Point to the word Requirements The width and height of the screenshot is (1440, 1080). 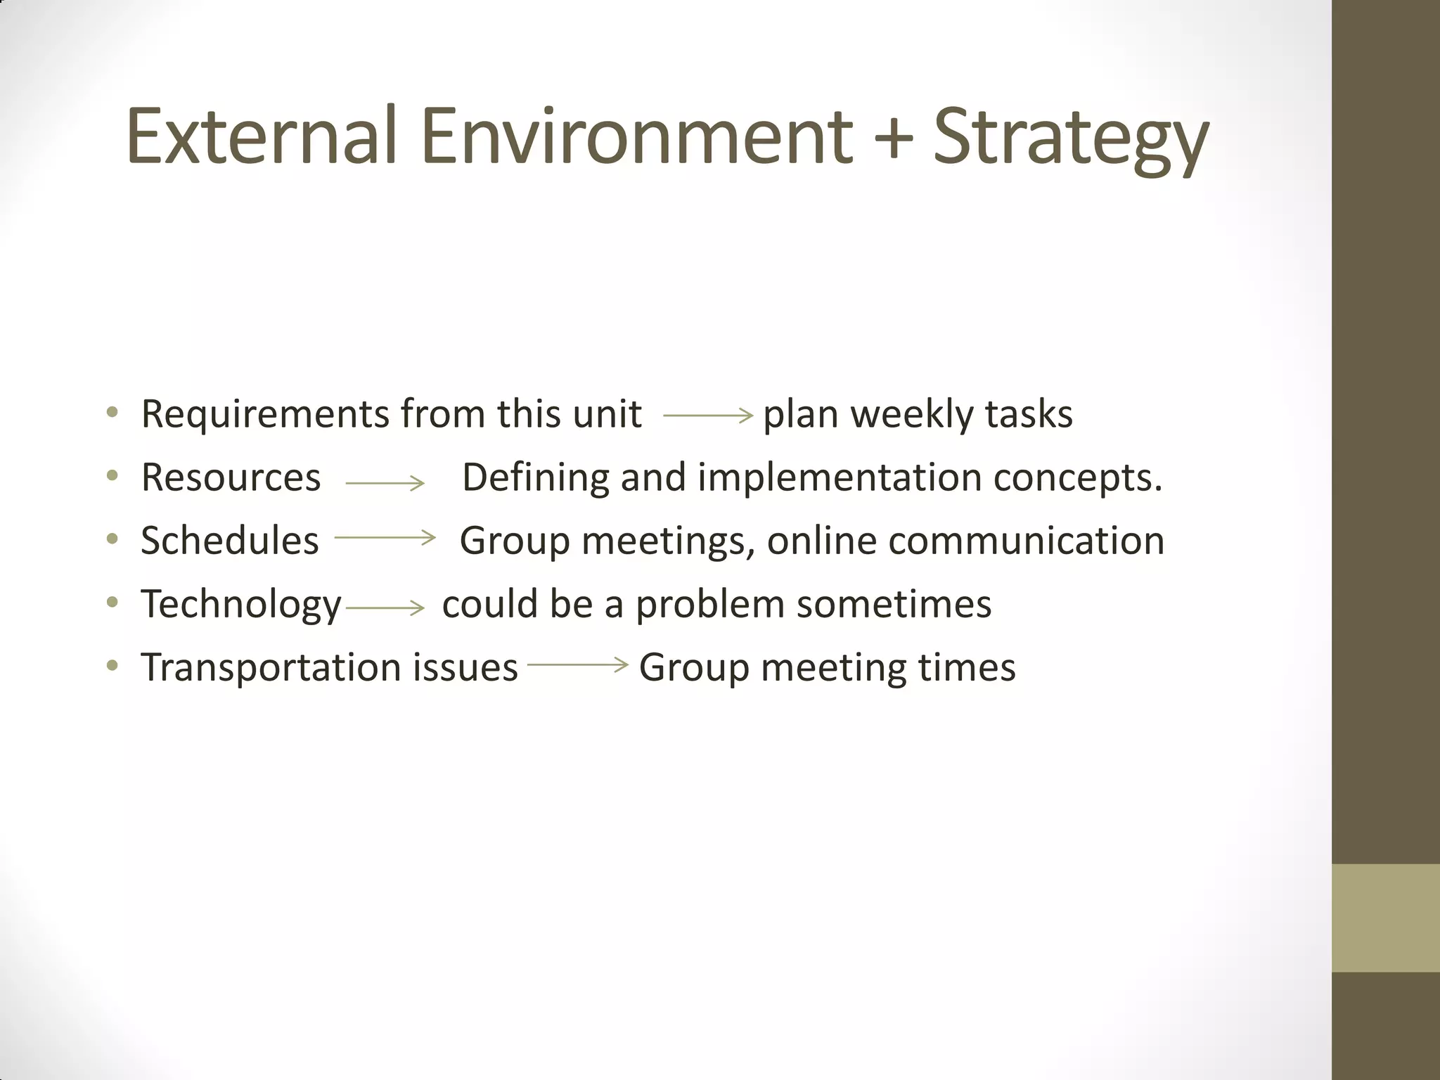pyautogui.click(x=265, y=415)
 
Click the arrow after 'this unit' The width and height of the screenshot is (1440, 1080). pyautogui.click(x=707, y=416)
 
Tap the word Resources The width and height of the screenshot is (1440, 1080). pyautogui.click(x=231, y=477)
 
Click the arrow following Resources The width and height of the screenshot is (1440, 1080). pyautogui.click(x=385, y=483)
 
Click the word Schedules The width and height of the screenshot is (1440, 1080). pyautogui.click(x=230, y=541)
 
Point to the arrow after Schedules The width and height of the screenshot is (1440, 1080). pyautogui.click(x=385, y=538)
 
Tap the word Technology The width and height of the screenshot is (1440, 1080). pyautogui.click(x=241, y=605)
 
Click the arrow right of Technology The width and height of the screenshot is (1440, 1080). pyautogui.click(x=385, y=608)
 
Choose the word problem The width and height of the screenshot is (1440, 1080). pyautogui.click(x=710, y=604)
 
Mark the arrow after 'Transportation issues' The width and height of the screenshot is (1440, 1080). pyautogui.click(x=577, y=664)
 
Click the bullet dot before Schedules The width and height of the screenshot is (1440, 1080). pyautogui.click(x=112, y=540)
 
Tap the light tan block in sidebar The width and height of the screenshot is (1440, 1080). pyautogui.click(x=1385, y=918)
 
